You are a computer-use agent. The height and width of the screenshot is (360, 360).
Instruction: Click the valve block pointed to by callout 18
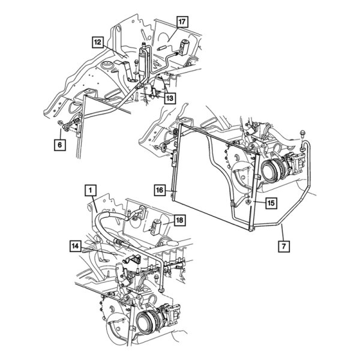click(x=158, y=227)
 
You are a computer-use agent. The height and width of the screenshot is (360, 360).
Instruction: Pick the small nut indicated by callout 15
click(x=248, y=207)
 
